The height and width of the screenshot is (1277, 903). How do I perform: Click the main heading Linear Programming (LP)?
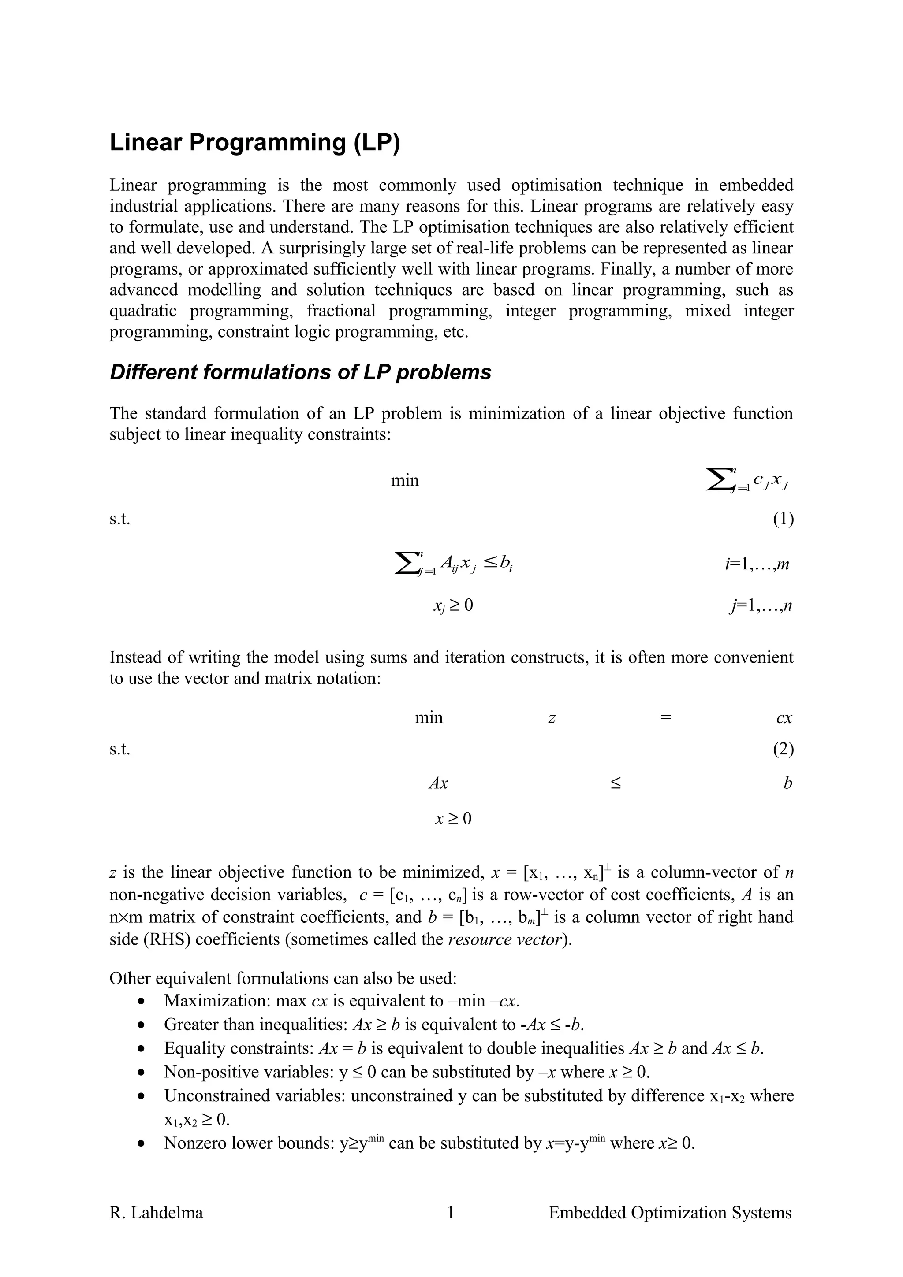tap(255, 143)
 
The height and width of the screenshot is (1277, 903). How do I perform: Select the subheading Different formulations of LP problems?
tap(300, 372)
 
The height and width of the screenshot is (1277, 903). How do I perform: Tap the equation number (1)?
tap(783, 519)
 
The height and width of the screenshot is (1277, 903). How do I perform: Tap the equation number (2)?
tap(783, 749)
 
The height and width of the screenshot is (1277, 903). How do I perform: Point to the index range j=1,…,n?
tap(761, 605)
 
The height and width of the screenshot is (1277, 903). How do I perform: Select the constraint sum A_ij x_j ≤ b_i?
tap(453, 564)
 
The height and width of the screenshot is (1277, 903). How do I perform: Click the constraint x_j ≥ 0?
tap(453, 605)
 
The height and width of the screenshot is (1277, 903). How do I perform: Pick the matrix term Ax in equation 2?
tap(438, 783)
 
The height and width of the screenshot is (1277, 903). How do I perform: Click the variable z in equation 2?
tap(552, 718)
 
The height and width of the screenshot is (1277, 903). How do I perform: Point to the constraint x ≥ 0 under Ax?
tap(453, 819)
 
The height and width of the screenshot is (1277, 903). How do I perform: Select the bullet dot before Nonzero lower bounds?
tap(142, 1143)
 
